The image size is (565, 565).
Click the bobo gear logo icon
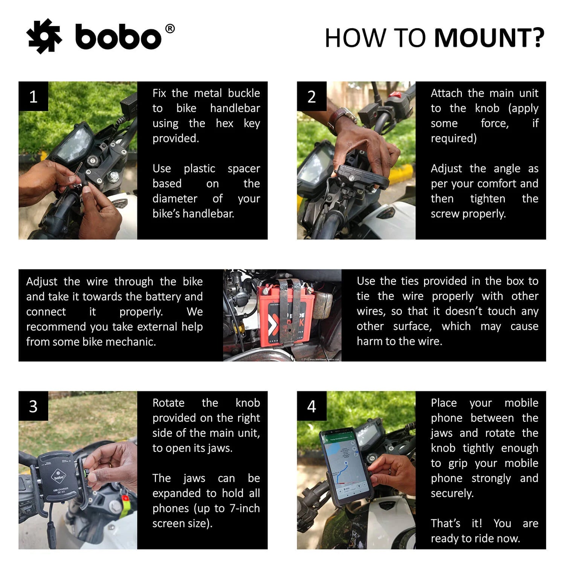tap(44, 36)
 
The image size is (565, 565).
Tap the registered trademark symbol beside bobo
tap(170, 29)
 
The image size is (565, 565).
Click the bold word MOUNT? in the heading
tap(489, 38)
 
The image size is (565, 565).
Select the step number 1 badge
tap(33, 96)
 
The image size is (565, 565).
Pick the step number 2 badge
tap(312, 96)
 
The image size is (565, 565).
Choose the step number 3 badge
tap(33, 406)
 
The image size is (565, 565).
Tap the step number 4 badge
tap(312, 406)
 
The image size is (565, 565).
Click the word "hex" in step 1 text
tap(224, 123)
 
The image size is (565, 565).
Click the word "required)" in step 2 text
tap(454, 138)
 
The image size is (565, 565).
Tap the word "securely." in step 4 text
tap(452, 493)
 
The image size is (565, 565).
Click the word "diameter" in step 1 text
tap(175, 199)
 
